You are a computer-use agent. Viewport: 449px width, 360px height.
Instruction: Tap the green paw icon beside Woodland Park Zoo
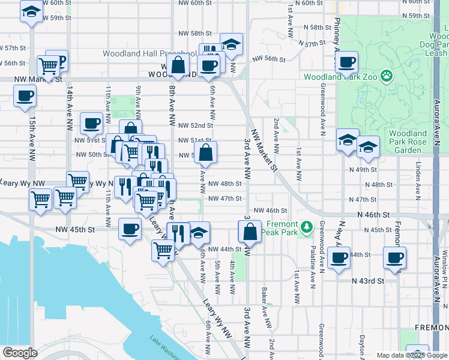pyautogui.click(x=387, y=77)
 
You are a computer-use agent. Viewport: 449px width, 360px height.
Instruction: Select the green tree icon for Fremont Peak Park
pyautogui.click(x=307, y=226)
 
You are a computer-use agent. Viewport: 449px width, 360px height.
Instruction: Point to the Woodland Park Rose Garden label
pyautogui.click(x=408, y=142)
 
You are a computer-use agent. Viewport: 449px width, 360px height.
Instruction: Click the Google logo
pyautogui.click(x=20, y=353)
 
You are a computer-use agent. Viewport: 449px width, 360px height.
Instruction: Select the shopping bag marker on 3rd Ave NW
pyautogui.click(x=249, y=231)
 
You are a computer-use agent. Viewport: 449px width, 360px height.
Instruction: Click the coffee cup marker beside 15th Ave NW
pyautogui.click(x=25, y=95)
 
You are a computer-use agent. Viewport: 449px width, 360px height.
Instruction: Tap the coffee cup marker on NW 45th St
pyautogui.click(x=130, y=229)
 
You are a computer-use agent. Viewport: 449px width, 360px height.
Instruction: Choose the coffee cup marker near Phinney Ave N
pyautogui.click(x=346, y=61)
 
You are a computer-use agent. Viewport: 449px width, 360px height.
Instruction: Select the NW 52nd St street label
pyautogui.click(x=196, y=125)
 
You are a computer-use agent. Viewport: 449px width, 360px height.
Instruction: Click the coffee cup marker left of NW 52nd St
pyautogui.click(x=91, y=123)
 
